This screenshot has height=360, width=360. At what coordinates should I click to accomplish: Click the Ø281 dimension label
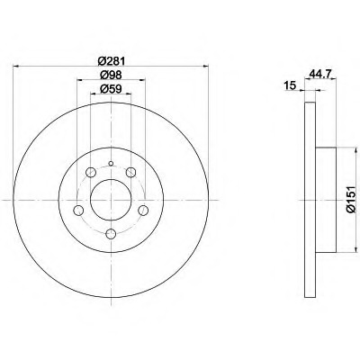111,61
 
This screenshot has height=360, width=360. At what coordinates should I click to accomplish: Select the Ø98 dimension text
111,76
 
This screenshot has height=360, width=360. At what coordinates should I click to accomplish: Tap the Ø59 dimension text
111,89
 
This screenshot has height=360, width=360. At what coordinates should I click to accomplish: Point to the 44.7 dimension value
319,74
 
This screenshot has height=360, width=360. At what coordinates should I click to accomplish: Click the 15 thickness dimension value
290,85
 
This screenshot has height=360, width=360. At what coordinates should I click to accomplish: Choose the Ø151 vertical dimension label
351,200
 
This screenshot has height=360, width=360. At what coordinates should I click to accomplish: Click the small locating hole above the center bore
111,164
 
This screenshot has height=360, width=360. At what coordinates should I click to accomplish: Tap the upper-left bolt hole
91,173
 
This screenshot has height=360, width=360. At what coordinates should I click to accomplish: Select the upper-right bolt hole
131,173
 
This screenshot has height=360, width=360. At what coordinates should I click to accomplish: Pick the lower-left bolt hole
78,211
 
